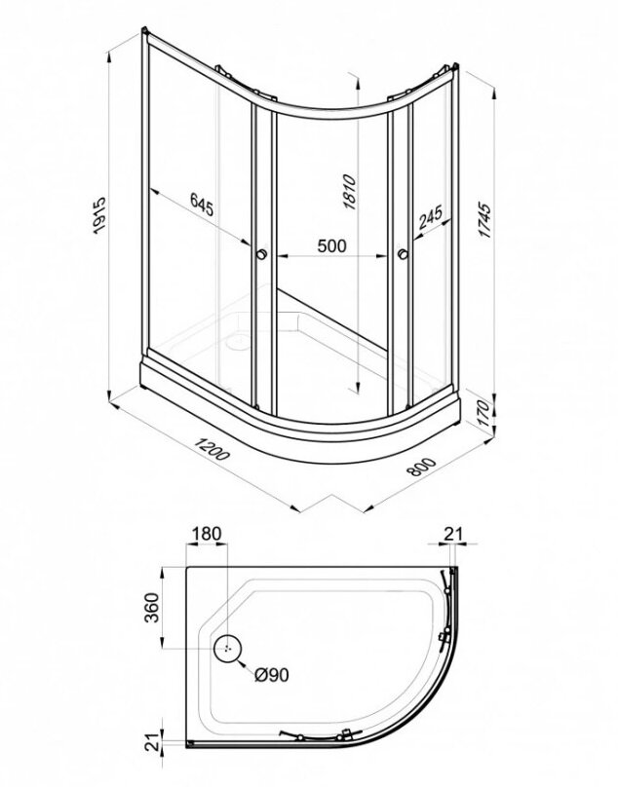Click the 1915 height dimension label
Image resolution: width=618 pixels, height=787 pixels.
click(x=100, y=214)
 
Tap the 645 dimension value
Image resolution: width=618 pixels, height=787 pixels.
click(x=202, y=205)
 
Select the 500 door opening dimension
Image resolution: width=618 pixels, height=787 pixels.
click(x=331, y=245)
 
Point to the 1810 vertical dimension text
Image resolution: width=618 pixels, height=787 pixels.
click(x=349, y=192)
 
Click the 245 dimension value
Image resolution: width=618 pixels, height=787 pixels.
click(x=431, y=217)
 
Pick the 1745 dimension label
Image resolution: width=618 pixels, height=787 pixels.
click(x=483, y=219)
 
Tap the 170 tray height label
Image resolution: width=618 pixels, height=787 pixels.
click(x=483, y=413)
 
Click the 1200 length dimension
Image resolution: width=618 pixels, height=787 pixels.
click(x=212, y=448)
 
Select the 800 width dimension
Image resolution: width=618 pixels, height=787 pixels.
click(x=421, y=467)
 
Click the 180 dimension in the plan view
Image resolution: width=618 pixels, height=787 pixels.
click(x=206, y=534)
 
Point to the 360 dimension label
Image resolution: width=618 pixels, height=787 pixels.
click(x=151, y=608)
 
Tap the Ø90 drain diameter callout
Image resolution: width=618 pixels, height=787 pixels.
click(x=272, y=675)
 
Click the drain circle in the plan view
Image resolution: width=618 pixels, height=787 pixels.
click(x=227, y=648)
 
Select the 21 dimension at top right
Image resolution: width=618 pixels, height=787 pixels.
click(x=452, y=534)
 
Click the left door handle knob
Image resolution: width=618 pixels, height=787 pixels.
click(x=262, y=254)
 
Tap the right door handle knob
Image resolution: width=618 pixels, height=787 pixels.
click(x=402, y=254)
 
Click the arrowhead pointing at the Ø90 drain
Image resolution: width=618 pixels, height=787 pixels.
click(x=240, y=663)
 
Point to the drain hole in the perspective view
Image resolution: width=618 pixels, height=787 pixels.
click(x=237, y=342)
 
